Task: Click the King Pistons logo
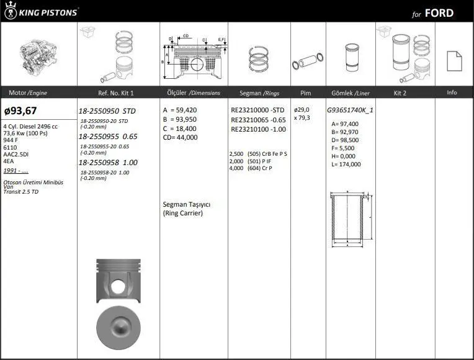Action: [41, 11]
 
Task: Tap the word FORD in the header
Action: [439, 13]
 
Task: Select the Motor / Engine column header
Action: [28, 93]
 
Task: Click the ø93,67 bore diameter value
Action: [20, 110]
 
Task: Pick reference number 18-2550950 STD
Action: [107, 111]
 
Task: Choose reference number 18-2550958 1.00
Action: [108, 163]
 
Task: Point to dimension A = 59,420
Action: [179, 110]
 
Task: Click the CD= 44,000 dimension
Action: [180, 137]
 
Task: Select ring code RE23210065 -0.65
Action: [258, 120]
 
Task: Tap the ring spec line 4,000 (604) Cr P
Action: [251, 168]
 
